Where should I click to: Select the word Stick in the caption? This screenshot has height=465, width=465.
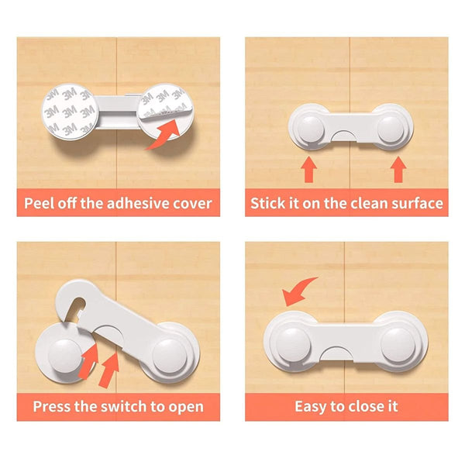tap(263, 203)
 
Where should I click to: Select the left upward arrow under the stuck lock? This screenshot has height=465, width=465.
tap(308, 170)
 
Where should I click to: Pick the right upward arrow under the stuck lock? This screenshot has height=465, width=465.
tap(398, 170)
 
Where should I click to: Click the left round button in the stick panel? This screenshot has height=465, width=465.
tap(311, 129)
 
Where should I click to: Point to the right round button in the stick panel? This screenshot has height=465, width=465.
tap(391, 129)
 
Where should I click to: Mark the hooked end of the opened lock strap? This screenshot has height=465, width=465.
tap(71, 299)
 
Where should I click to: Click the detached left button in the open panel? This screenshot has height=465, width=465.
tap(64, 356)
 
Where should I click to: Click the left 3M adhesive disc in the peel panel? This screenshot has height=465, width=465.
tap(70, 112)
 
